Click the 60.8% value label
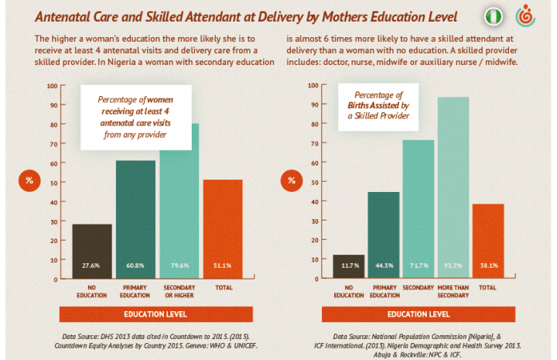pos(136,266)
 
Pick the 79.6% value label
pos(179,266)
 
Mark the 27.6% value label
pos(92,266)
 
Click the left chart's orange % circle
pos(29,181)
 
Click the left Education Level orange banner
pos(157,314)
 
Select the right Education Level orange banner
pos(419,314)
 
